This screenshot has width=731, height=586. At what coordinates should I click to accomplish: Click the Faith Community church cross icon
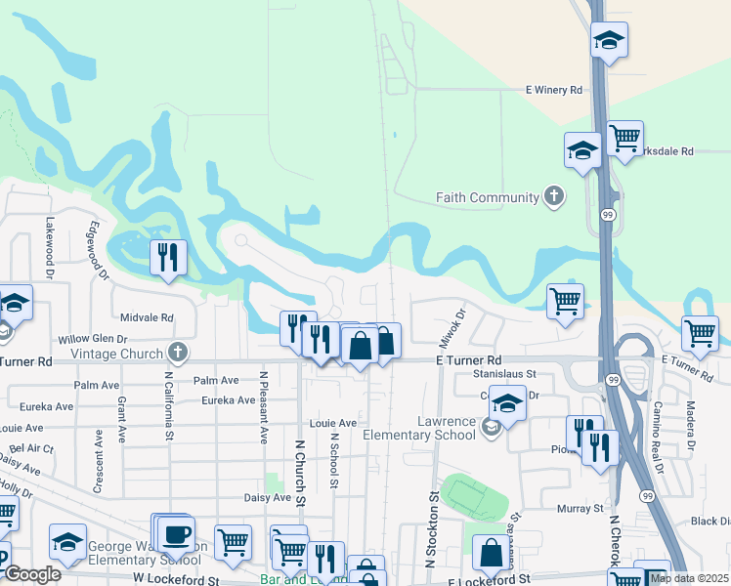pyautogui.click(x=554, y=197)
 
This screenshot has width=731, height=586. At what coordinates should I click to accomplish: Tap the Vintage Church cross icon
pyautogui.click(x=177, y=351)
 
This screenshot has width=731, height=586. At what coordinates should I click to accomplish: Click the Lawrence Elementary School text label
pyautogui.click(x=419, y=428)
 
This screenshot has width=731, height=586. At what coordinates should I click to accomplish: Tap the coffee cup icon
pyautogui.click(x=178, y=534)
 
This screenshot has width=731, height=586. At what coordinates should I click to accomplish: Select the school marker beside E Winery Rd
pyautogui.click(x=609, y=40)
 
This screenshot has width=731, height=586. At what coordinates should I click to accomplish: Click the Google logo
pyautogui.click(x=32, y=574)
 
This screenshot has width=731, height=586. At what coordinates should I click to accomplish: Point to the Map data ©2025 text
pyautogui.click(x=689, y=578)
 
